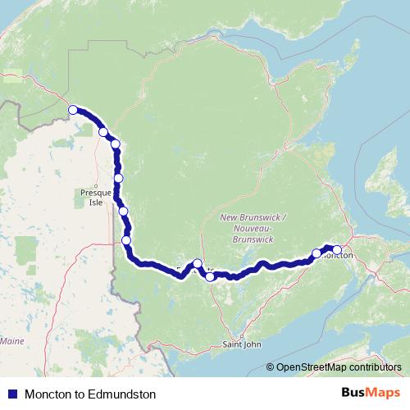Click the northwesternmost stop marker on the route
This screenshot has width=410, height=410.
click(73, 110)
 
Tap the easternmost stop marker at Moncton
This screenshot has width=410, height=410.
click(337, 250)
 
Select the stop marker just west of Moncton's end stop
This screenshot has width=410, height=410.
click(317, 253)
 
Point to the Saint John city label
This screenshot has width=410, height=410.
click(242, 345)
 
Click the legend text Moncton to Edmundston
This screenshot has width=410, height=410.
click(90, 394)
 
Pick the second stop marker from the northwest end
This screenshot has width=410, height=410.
click(103, 131)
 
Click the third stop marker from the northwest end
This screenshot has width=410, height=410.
click(116, 144)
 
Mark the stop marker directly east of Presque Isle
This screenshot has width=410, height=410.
click(119, 178)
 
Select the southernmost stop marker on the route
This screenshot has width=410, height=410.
click(211, 277)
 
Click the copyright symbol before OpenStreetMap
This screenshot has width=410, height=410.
click(271, 367)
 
